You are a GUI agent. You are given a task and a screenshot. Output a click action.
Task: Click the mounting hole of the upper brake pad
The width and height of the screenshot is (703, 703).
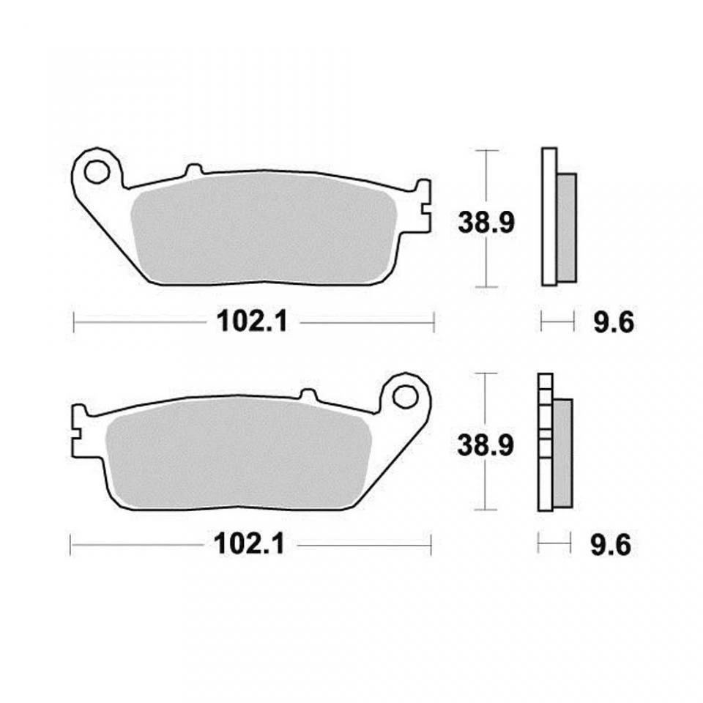94,172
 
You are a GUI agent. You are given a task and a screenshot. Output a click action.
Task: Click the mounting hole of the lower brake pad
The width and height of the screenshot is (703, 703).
403,396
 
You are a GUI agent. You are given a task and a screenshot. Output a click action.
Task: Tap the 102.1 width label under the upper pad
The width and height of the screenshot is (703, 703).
251,321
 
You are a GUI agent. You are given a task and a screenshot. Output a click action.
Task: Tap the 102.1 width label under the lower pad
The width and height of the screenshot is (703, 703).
248,545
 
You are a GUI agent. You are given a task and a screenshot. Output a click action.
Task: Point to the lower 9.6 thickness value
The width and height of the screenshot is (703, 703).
611,546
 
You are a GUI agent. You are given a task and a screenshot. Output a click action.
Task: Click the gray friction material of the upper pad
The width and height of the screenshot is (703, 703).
264,227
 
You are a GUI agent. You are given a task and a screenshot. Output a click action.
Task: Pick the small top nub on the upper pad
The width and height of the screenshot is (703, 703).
193,170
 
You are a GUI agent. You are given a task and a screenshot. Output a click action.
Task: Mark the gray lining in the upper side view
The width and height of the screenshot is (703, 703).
567,227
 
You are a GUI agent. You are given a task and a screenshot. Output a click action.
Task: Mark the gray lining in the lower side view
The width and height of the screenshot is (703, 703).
562,453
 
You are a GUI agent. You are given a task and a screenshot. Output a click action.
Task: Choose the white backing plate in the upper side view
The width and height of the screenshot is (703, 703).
548,216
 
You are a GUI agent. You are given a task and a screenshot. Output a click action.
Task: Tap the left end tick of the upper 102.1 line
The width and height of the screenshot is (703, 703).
74,321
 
